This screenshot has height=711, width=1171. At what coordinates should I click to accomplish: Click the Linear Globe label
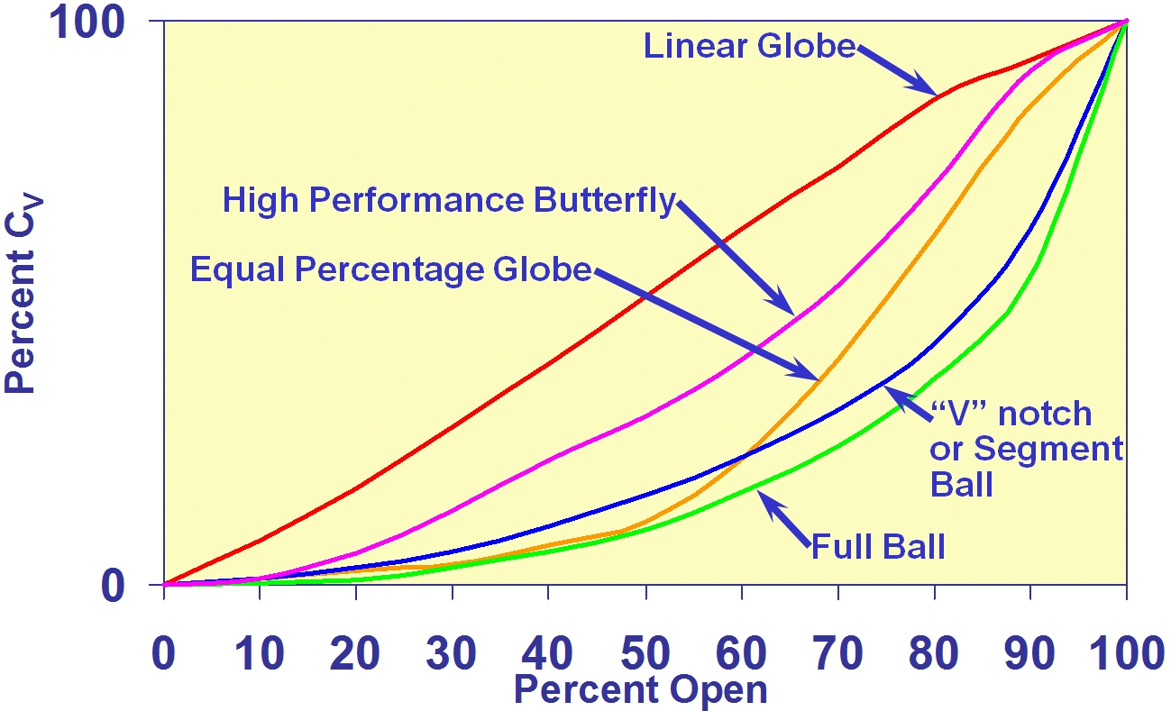click(749, 46)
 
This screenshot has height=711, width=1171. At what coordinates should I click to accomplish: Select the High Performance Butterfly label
click(448, 200)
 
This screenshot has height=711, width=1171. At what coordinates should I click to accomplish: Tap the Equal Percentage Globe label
click(390, 269)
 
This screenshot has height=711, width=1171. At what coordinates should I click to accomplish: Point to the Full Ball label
click(878, 546)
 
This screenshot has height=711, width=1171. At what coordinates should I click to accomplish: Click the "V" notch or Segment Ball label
click(1026, 449)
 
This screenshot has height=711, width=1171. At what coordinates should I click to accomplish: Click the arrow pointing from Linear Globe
click(898, 69)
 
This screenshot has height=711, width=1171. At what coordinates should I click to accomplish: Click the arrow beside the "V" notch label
click(905, 404)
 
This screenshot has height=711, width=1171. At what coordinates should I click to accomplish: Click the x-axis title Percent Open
click(641, 690)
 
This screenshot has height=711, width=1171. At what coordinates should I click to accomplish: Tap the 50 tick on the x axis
click(645, 655)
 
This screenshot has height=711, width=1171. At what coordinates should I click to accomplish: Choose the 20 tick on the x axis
click(356, 655)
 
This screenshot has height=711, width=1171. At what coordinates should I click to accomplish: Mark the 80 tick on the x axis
click(935, 655)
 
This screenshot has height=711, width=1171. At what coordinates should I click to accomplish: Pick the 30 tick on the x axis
click(453, 655)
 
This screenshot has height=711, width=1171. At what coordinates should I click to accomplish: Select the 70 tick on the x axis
click(838, 655)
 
